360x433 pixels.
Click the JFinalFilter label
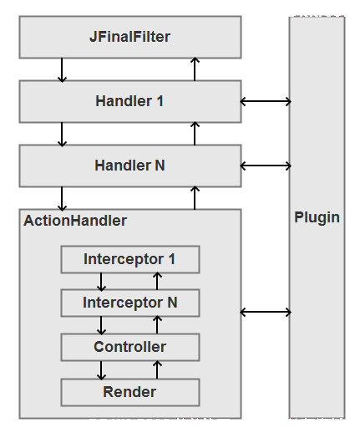coord(129,37)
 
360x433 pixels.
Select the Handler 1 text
coord(129,101)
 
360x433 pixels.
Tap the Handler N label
coord(129,166)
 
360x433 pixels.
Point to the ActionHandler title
coord(75,221)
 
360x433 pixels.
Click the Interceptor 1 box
coord(130,259)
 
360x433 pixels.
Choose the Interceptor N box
coord(130,303)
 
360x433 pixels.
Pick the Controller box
coord(130,347)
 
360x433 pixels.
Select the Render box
coord(130,392)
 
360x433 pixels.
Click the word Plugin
coord(317,217)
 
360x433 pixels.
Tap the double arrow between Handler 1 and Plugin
coord(266,101)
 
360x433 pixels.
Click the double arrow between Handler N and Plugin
coord(266,166)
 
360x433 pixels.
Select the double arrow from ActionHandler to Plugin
coord(266,312)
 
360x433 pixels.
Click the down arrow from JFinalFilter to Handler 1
coord(62,70)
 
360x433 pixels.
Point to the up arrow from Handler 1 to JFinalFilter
coord(195,69)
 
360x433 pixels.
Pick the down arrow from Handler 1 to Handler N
coord(62,135)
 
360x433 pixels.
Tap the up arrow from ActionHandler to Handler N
coord(195,198)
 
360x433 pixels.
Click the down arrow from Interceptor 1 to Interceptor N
coord(101,282)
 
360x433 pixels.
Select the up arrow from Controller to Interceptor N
coord(157,324)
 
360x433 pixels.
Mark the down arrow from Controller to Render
coord(101,370)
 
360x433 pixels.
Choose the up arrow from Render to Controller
coord(157,369)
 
